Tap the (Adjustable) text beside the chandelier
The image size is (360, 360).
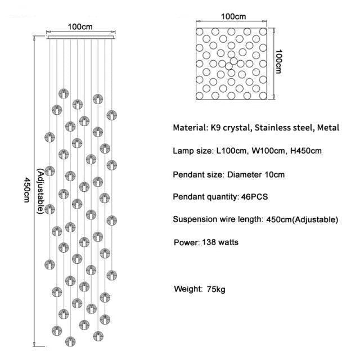(x=40, y=191)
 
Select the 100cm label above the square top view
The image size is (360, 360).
(x=232, y=16)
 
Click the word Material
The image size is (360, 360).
(x=191, y=128)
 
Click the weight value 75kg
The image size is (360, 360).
(x=215, y=289)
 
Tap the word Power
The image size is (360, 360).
(x=186, y=242)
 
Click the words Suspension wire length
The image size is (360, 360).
(x=217, y=219)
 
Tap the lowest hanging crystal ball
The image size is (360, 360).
(x=69, y=341)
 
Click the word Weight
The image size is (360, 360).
(x=188, y=289)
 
